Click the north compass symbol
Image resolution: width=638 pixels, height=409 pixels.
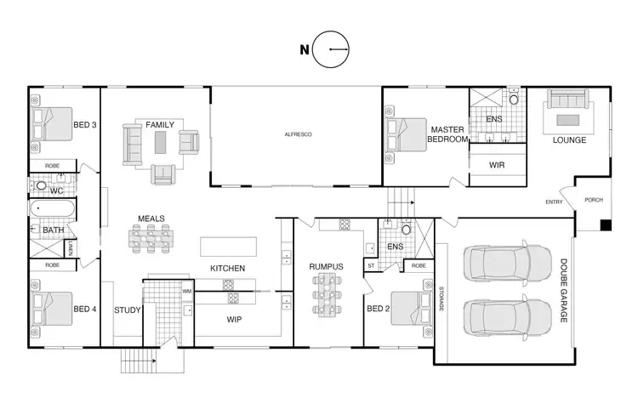pos(331,49)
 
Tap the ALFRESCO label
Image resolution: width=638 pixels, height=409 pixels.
pos(296,134)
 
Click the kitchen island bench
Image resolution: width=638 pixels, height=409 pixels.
pos(228,246)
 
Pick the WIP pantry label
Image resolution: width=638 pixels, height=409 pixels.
pos(235,321)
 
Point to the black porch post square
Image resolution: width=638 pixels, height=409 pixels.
pos(605,225)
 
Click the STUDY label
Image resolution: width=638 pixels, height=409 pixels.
pos(128,310)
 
